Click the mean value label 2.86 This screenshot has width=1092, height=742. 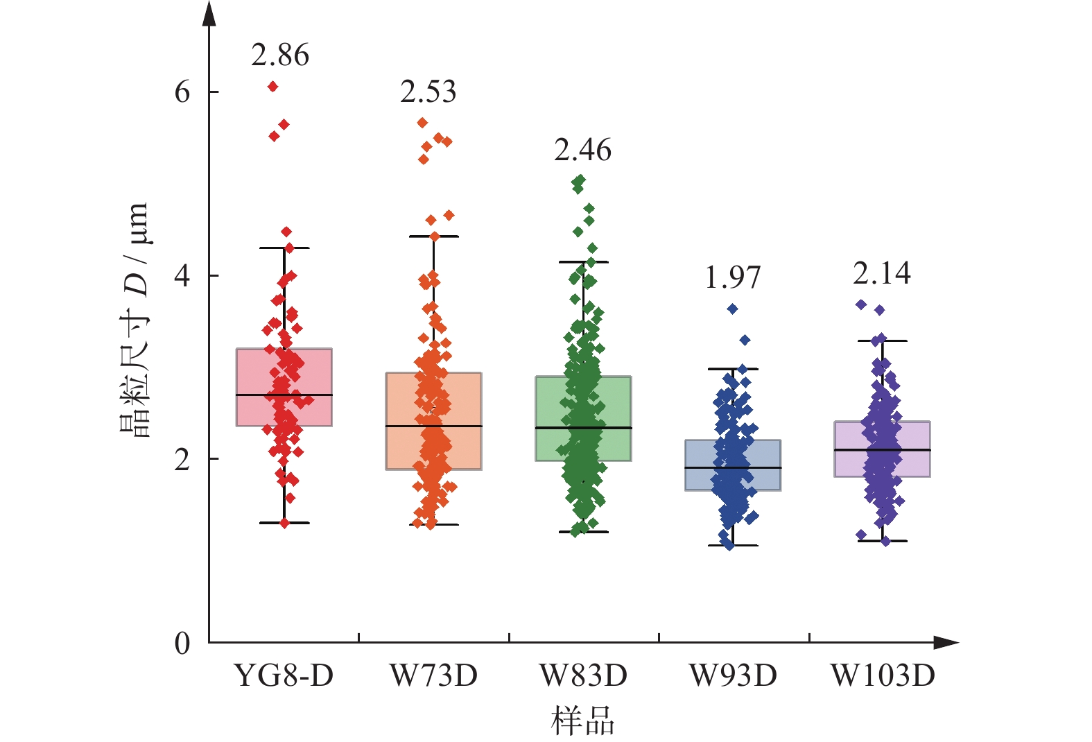[280, 55]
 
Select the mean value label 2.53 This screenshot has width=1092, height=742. [428, 92]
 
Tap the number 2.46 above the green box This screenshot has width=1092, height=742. [582, 150]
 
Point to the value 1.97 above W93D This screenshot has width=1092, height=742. [732, 278]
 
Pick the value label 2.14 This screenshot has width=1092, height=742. [882, 274]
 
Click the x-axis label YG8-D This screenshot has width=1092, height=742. [284, 675]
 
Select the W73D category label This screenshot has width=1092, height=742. [434, 675]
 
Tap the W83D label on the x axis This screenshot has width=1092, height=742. [584, 675]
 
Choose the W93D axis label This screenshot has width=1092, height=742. [733, 675]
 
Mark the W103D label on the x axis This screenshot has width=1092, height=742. [883, 675]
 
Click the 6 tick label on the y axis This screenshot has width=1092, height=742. [182, 92]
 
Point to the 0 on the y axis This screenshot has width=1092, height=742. [182, 644]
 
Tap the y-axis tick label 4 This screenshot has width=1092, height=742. [182, 275]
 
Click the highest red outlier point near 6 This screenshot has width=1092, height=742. [273, 87]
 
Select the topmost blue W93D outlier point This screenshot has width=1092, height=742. [732, 309]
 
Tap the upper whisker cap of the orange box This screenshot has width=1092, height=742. [434, 236]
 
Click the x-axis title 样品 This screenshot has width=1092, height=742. [583, 721]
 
